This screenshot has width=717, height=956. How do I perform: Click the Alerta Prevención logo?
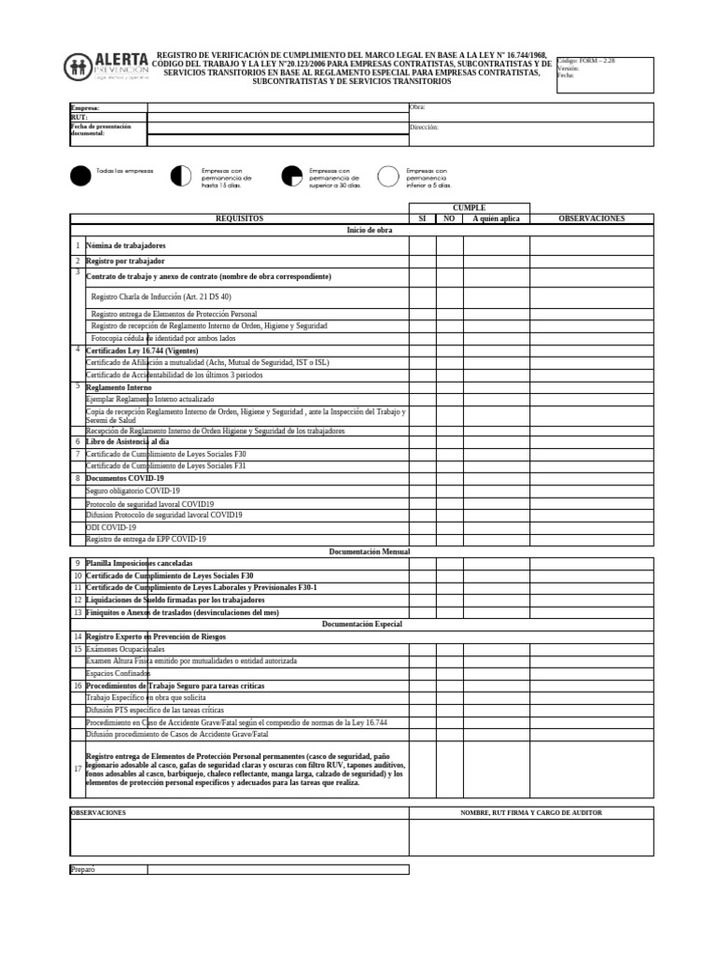(107, 67)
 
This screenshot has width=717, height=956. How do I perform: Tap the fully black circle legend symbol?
(81, 176)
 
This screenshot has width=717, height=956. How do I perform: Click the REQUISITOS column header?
(239, 218)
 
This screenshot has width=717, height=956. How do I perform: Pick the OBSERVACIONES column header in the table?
(591, 218)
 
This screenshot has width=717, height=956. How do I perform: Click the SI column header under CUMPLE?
(422, 218)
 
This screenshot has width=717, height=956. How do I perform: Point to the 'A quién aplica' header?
(496, 218)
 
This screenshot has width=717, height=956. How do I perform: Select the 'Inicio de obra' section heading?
(370, 230)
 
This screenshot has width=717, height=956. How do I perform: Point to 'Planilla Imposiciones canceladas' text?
(139, 564)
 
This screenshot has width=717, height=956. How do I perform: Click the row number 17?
(77, 768)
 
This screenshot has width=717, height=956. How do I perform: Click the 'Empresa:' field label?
(85, 108)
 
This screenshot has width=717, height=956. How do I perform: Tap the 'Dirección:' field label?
(424, 126)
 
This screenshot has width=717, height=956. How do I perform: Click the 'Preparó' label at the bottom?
(83, 869)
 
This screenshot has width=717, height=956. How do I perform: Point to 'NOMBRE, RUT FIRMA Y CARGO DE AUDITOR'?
(530, 813)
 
